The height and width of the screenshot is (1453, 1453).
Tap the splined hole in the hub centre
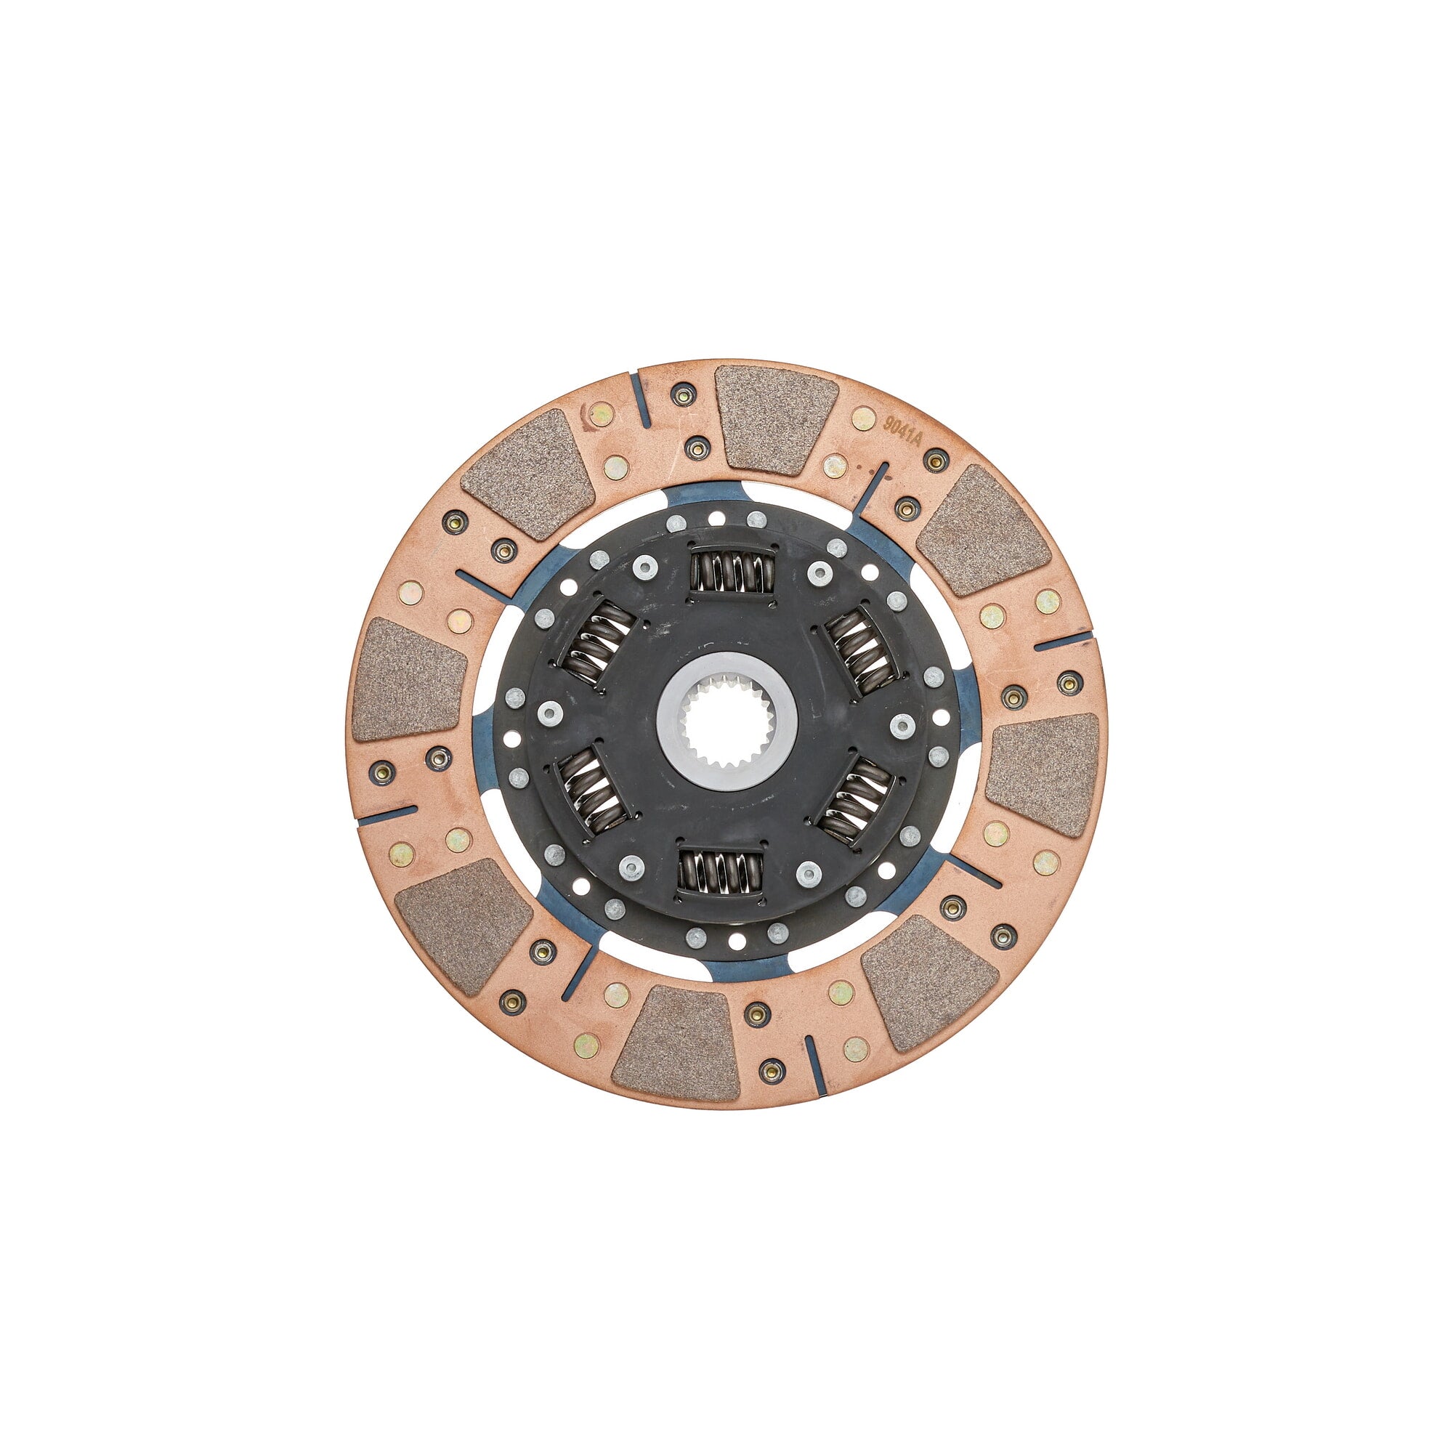726,721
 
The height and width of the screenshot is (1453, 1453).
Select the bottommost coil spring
721,873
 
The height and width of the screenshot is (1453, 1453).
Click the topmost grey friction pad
776,418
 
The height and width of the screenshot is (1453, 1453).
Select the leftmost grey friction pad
407,679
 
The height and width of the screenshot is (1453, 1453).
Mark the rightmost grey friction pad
1044,774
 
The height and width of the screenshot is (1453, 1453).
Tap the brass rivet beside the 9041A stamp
862,418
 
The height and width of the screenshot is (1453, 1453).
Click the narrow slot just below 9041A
877,486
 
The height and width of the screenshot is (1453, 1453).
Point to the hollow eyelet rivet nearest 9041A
936,461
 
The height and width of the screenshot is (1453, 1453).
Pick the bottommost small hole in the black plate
737,941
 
